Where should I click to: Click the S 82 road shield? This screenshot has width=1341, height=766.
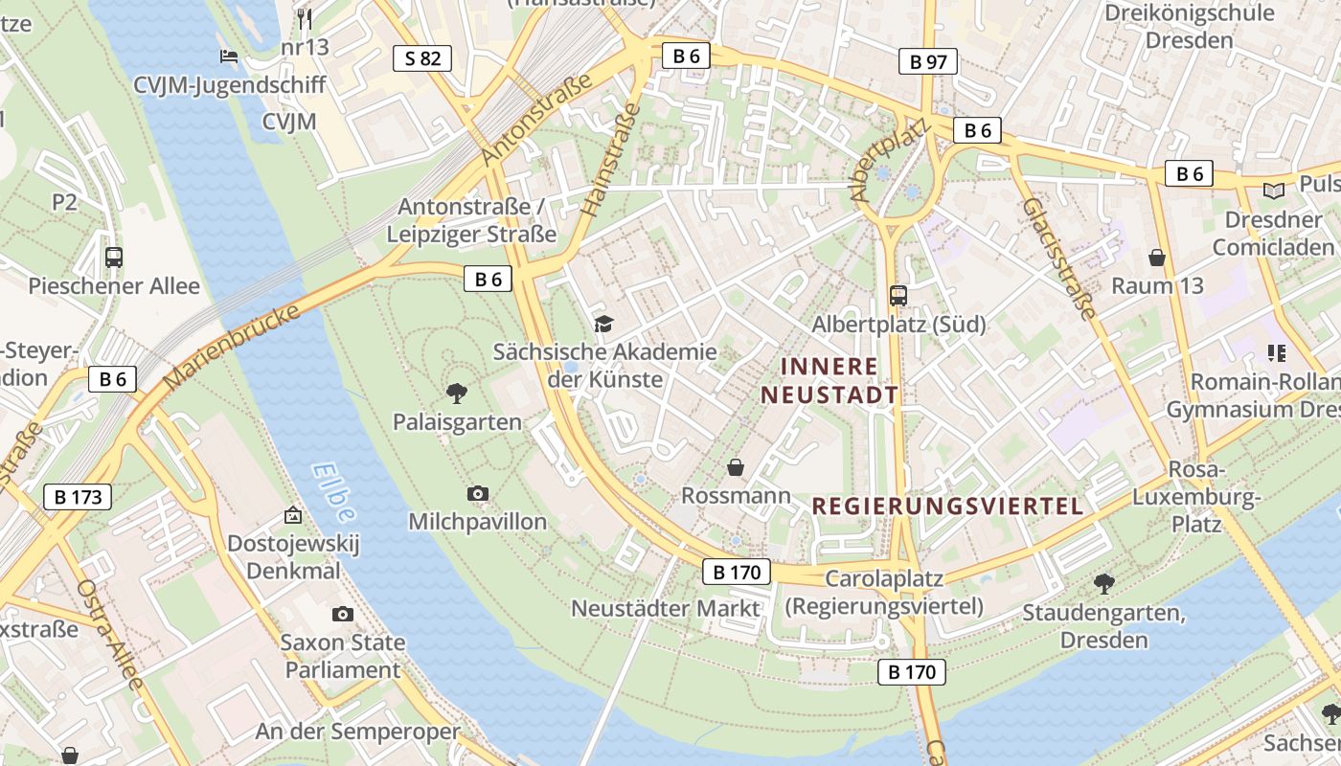tap(422, 58)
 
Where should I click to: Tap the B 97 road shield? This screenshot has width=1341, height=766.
tap(928, 62)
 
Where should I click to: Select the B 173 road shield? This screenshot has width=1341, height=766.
tap(78, 497)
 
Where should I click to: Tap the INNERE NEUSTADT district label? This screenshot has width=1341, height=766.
tap(830, 380)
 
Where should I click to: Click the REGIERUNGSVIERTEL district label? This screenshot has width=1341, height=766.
tap(947, 507)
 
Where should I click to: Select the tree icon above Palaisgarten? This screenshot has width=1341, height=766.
tap(457, 392)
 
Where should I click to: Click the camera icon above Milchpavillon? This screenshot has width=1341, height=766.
tap(477, 493)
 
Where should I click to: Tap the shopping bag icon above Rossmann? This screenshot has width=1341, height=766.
tap(736, 467)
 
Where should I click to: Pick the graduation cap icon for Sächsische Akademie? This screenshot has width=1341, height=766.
tap(603, 324)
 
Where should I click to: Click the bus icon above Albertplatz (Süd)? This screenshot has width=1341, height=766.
tap(898, 296)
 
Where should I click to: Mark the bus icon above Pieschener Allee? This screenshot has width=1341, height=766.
tap(114, 257)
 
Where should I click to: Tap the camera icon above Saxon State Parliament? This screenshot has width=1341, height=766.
tap(342, 614)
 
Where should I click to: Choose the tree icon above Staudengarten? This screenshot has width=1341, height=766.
tap(1103, 582)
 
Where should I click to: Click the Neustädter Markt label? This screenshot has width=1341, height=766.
tap(665, 608)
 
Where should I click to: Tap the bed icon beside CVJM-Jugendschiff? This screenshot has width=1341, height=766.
tap(229, 56)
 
